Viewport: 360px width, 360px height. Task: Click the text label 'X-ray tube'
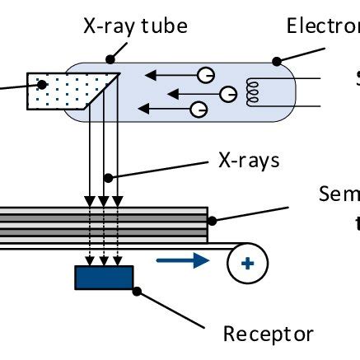pos(135,26)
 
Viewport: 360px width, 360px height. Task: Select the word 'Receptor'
pos(269,334)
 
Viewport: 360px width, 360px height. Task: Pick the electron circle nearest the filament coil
pos(227,96)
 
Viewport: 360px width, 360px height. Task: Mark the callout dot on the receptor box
pos(138,288)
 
